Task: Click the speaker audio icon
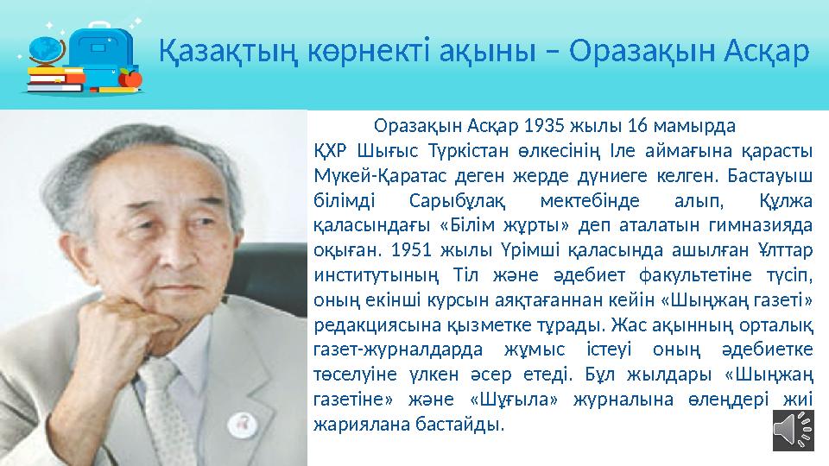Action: click(x=792, y=428)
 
